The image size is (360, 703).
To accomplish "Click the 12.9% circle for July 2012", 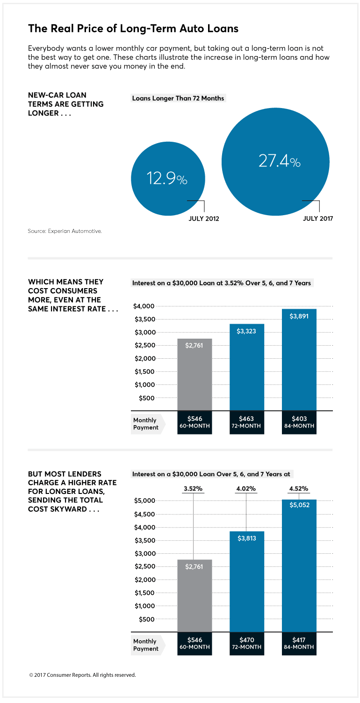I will click(x=168, y=179).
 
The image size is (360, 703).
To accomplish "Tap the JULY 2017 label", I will click(x=318, y=218).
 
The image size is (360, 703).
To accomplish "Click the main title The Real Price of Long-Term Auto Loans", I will click(x=133, y=29).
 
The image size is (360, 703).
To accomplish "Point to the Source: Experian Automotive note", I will click(x=65, y=231).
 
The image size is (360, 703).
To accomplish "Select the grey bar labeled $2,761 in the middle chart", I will click(x=194, y=374).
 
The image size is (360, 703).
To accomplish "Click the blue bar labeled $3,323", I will click(x=246, y=367).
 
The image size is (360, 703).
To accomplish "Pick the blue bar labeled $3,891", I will click(x=299, y=360).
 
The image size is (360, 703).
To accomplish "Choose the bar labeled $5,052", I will click(x=299, y=565).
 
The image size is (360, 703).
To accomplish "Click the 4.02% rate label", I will click(x=246, y=489).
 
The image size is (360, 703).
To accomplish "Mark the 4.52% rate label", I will click(x=299, y=489).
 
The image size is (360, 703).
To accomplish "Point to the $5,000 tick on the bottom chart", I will click(x=144, y=501).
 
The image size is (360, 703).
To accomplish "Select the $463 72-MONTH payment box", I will click(x=246, y=422).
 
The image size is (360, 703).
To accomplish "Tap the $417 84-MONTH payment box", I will click(x=299, y=644).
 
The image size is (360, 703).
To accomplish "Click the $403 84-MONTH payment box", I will click(x=299, y=422).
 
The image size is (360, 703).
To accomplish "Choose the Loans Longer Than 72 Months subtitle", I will click(x=178, y=98).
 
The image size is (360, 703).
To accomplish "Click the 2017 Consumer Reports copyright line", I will click(x=82, y=675).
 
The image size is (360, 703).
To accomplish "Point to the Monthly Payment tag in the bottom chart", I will click(x=146, y=645).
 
